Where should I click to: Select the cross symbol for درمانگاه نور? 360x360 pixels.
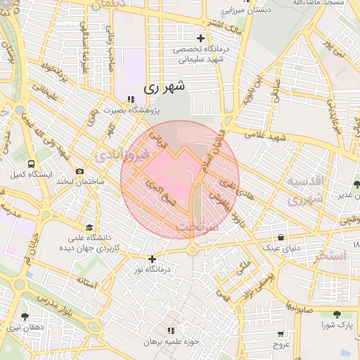(152, 259)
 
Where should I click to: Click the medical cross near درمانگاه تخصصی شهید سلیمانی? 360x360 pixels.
(200, 38)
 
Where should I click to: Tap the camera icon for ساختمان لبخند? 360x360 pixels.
(79, 172)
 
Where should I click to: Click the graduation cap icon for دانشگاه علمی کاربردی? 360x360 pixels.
(89, 227)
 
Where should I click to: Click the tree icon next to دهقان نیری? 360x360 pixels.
(25, 316)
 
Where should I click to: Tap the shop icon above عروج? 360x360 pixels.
(281, 334)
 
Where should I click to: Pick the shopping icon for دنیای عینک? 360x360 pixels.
(281, 237)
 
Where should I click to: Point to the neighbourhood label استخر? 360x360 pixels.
(331, 255)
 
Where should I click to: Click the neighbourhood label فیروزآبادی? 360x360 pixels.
(123, 153)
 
